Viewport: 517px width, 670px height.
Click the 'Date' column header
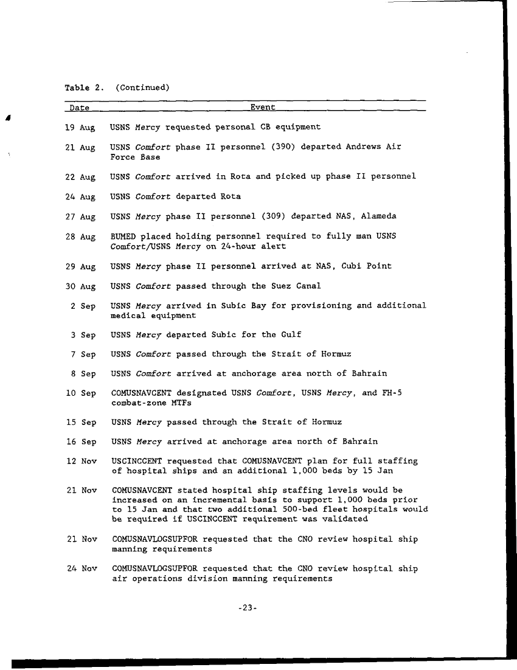click(x=79, y=108)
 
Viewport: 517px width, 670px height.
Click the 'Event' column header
click(x=263, y=108)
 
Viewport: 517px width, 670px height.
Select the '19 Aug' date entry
click(x=80, y=128)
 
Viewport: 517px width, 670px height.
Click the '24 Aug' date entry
click(x=80, y=197)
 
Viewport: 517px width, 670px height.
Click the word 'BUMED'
click(x=125, y=237)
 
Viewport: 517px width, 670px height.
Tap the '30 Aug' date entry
click(x=80, y=286)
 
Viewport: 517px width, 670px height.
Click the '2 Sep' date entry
click(x=83, y=306)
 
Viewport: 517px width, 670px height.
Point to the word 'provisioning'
click(x=323, y=305)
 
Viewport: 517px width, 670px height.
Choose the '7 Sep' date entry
click(x=83, y=355)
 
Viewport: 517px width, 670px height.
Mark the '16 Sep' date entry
click(x=80, y=442)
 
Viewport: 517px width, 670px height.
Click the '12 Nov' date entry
click(x=81, y=462)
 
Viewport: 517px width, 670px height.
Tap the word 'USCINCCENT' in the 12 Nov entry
click(x=137, y=461)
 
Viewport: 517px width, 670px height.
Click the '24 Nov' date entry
click(x=82, y=569)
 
